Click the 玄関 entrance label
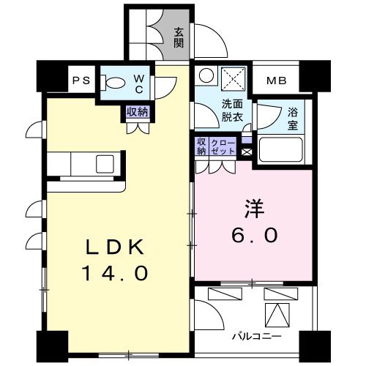[x=179, y=37]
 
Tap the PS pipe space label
[x=82, y=81]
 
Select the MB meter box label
[x=277, y=81]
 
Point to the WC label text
[x=139, y=84]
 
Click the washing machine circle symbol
[x=206, y=75]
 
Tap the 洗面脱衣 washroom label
[x=232, y=111]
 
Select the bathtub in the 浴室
[x=281, y=149]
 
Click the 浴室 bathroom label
[x=293, y=119]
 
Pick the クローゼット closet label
[x=223, y=146]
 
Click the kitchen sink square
[x=105, y=164]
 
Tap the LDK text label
[x=114, y=247]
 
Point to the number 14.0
[x=116, y=273]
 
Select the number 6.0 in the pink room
[x=255, y=235]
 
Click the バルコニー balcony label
[x=257, y=337]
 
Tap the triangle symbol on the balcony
[x=277, y=315]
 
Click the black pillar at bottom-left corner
[x=53, y=346]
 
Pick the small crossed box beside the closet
[x=247, y=152]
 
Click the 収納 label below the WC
[x=138, y=112]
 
